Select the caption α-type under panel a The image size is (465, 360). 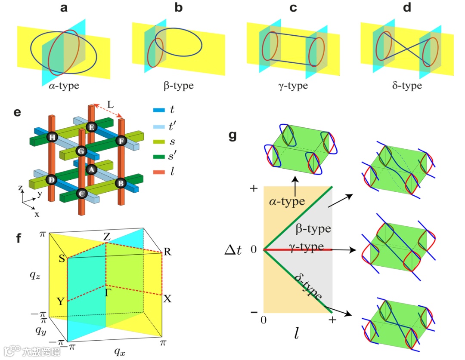coord(65,85)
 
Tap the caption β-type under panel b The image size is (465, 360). coord(179,85)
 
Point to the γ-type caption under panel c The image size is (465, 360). coord(293,85)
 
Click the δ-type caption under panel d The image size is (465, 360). coord(406,85)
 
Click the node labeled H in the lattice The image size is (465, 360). coord(53,137)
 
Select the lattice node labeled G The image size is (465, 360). coord(81,151)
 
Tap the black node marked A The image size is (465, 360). coord(91,170)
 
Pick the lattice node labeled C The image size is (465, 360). coord(81,194)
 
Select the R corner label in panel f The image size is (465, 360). coord(167,252)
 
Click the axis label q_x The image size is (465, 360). coord(120,351)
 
